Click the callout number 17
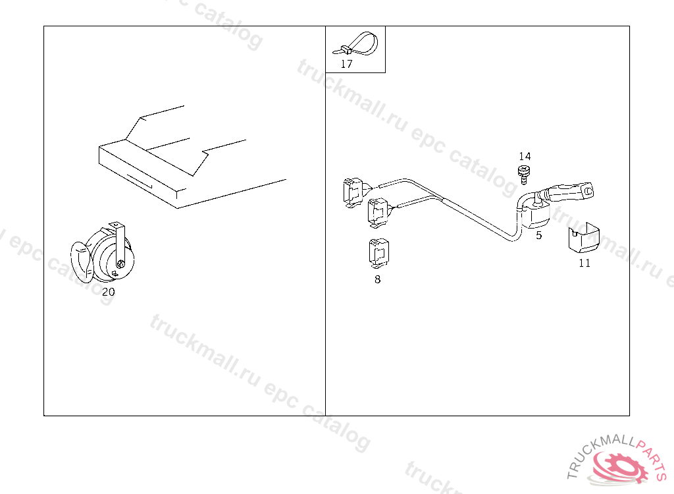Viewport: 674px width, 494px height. pos(346,64)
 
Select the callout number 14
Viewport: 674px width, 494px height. pos(525,156)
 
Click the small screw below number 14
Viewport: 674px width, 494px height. pos(523,175)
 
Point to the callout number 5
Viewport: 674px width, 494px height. pos(539,235)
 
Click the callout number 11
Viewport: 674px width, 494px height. pos(584,263)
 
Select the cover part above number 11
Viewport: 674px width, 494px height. pos(584,238)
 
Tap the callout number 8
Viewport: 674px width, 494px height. pos(377,280)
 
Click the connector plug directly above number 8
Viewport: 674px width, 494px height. pos(378,252)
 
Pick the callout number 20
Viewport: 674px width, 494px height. pos(109,292)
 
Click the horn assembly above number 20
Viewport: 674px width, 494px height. pos(103,253)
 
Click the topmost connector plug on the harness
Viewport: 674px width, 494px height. pos(355,192)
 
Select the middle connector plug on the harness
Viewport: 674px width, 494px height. pos(379,213)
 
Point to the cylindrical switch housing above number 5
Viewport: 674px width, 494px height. pos(536,213)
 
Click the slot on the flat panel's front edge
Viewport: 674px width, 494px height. pos(140,180)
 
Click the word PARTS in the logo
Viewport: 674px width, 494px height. pos(652,458)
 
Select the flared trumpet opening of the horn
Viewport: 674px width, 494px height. pos(81,262)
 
